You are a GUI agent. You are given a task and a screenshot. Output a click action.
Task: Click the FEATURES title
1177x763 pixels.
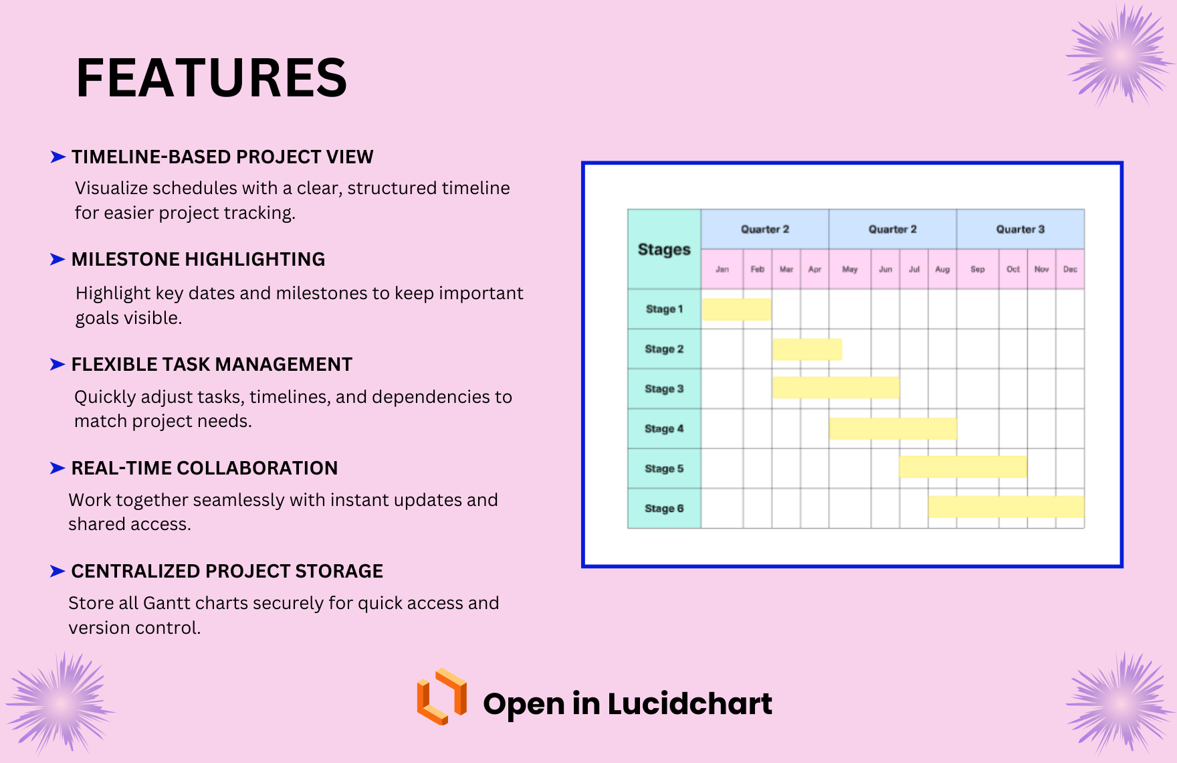point(211,78)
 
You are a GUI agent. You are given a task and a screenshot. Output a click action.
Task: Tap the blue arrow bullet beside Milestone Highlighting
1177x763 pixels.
point(58,260)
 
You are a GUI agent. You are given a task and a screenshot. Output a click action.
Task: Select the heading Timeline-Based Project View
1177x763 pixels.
point(222,157)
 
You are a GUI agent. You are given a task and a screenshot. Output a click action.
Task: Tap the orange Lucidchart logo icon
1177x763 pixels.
point(441,697)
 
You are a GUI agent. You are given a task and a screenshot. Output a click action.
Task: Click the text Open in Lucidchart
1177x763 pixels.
point(627,703)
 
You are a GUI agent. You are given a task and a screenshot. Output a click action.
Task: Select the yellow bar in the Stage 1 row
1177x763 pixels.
point(736,309)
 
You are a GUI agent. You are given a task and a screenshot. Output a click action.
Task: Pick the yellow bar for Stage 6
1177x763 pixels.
point(1006,507)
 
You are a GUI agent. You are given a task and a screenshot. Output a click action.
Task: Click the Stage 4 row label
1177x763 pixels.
point(664,428)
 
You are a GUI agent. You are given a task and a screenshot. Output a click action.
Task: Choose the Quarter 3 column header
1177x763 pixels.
point(1020,229)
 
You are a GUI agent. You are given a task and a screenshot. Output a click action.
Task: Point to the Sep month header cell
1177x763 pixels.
point(977,269)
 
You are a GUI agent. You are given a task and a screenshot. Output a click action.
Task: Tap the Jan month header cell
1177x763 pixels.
point(722,269)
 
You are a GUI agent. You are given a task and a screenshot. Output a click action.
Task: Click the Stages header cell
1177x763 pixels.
point(664,249)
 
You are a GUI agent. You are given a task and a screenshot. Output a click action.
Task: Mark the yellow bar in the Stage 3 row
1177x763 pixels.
point(836,388)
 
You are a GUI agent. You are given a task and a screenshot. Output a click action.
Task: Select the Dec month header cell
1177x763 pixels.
point(1070,269)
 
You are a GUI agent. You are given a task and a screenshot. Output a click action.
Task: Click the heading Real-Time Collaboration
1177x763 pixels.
point(204,468)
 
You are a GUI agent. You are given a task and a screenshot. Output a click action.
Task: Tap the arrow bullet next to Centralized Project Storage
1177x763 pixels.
point(58,571)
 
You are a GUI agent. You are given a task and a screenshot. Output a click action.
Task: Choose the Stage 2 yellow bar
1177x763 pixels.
point(807,349)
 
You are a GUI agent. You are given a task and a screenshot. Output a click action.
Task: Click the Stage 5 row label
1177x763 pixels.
point(664,469)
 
